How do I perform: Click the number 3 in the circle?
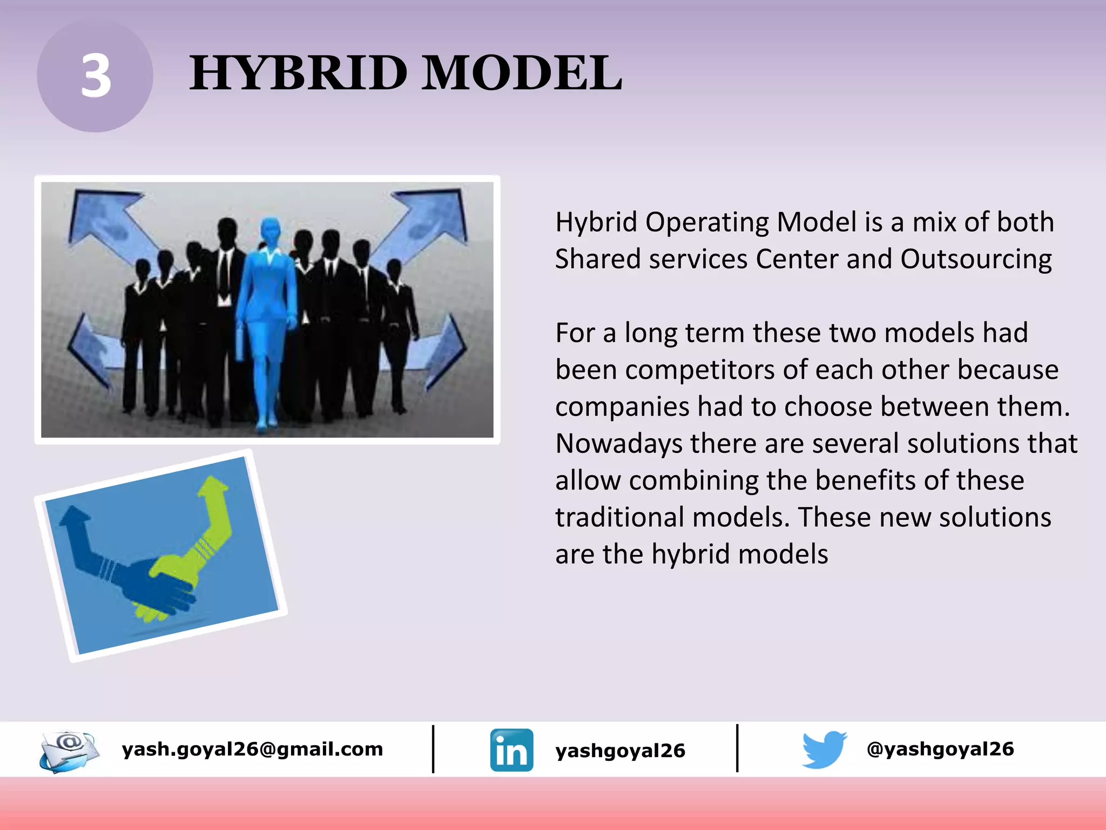tap(96, 77)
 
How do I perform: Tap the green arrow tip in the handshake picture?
tap(214, 486)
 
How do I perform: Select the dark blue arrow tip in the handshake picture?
tap(74, 516)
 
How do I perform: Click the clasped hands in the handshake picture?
tap(162, 589)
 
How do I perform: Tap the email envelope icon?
tap(69, 750)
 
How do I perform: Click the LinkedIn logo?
tap(511, 750)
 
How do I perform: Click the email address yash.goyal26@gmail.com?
tap(252, 749)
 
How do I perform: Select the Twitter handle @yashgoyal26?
tap(940, 749)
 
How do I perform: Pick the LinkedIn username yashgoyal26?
tap(620, 751)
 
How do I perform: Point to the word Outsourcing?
tap(976, 259)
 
